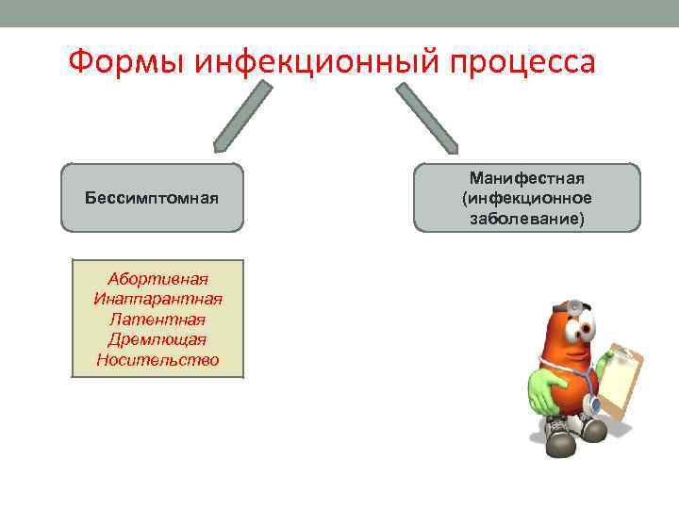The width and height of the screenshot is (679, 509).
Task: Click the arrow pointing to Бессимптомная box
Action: click(x=243, y=116)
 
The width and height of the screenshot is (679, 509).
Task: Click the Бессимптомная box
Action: click(x=152, y=198)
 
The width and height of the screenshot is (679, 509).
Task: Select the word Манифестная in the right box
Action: click(x=527, y=178)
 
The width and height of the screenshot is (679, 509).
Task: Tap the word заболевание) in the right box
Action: click(x=527, y=218)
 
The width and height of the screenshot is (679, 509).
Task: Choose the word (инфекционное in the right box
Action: click(x=527, y=198)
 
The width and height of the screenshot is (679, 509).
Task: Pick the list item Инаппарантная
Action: click(x=157, y=299)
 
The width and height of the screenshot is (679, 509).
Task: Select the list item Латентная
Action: click(x=157, y=320)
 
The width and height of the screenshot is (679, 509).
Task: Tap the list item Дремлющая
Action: click(x=157, y=339)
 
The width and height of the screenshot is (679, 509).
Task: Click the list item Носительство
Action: click(x=157, y=360)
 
